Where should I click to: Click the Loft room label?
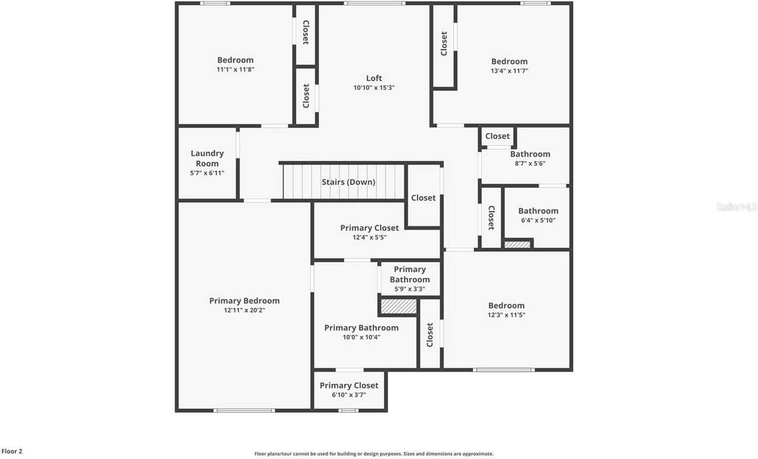[374, 78]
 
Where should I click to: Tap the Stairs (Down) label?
[348, 182]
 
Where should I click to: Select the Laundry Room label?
[207, 158]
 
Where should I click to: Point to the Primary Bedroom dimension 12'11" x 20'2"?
[244, 310]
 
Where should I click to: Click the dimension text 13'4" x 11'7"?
[509, 70]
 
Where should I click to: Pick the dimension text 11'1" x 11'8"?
[235, 69]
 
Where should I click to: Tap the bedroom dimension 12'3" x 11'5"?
[506, 315]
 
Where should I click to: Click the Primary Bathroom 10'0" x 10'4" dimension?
[361, 337]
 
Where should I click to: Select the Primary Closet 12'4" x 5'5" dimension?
[370, 237]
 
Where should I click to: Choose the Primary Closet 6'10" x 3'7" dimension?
[349, 394]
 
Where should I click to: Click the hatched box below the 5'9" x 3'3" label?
[399, 306]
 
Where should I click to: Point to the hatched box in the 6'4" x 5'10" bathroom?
[518, 244]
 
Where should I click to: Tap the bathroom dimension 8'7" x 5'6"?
[530, 163]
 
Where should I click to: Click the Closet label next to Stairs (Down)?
[423, 198]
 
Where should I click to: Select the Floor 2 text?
[12, 451]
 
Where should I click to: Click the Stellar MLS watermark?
[736, 207]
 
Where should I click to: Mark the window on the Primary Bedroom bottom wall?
[244, 410]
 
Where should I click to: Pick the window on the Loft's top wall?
[374, 4]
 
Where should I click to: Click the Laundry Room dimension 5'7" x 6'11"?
[207, 173]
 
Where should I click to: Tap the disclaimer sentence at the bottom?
[374, 454]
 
